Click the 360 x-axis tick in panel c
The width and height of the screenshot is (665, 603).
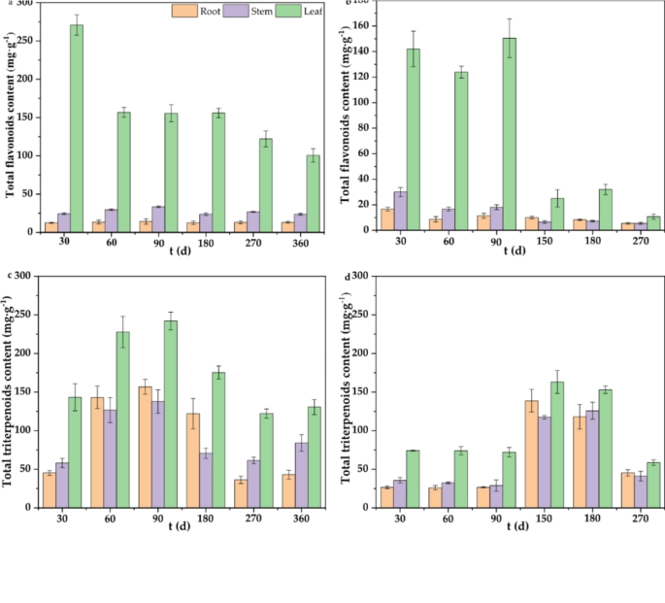click(x=308, y=518)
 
